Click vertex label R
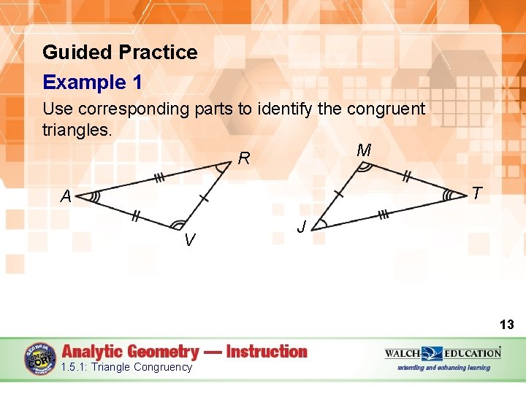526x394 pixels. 245,158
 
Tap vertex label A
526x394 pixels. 66,196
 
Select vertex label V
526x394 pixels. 189,239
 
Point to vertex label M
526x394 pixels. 364,151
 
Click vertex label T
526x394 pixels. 476,193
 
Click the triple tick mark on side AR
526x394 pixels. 158,178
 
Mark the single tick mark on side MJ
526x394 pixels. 338,194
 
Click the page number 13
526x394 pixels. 506,324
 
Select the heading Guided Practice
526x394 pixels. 120,53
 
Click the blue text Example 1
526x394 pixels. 92,82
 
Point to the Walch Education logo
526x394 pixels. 443,353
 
